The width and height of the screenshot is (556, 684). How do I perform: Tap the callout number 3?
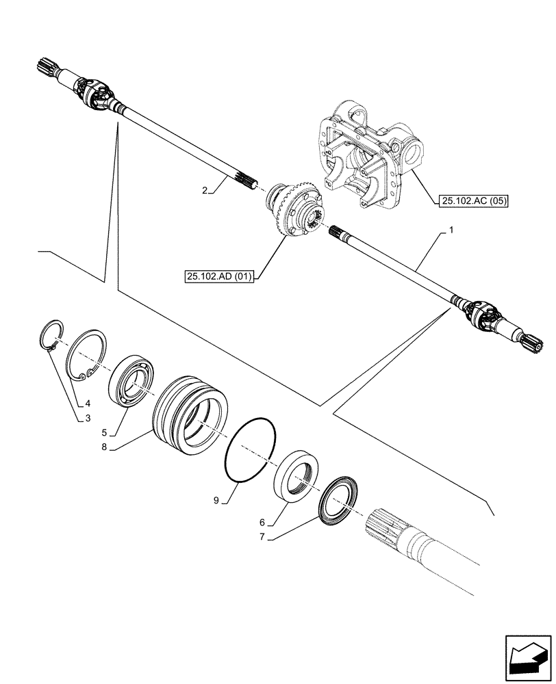tap(88, 418)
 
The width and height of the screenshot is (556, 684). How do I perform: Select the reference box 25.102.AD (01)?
tap(218, 276)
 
